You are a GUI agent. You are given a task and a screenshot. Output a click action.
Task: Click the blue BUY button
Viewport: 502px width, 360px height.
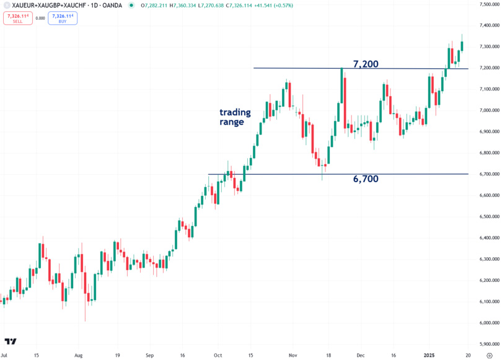pos(63,18)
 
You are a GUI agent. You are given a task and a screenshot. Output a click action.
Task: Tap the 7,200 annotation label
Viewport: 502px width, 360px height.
pos(366,64)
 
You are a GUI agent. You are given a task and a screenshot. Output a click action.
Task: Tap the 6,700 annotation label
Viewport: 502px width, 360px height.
pos(366,179)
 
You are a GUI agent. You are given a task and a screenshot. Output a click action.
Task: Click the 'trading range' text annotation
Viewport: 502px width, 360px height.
pos(235,117)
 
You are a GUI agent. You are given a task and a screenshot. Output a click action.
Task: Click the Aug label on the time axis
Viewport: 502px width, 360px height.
pos(78,356)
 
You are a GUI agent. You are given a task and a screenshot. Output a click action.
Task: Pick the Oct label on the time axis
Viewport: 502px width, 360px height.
pos(217,356)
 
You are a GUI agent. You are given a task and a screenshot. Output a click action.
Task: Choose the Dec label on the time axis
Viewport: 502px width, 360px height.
pos(360,356)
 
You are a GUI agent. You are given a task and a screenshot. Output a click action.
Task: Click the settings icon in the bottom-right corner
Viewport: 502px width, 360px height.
pos(490,356)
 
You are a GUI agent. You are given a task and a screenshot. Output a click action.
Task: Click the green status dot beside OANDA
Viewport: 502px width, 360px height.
pos(131,6)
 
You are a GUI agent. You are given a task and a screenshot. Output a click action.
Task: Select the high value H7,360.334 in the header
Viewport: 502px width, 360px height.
pos(182,6)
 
